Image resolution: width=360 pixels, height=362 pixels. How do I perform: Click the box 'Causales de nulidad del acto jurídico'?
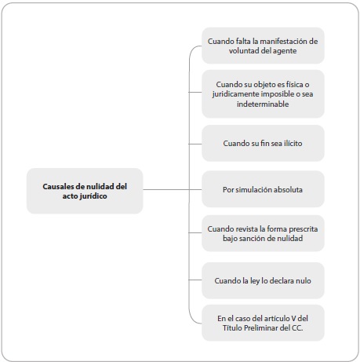pos(85,191)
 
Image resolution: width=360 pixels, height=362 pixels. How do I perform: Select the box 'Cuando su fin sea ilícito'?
pos(263,143)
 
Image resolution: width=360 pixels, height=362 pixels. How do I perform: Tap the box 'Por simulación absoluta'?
pos(263,189)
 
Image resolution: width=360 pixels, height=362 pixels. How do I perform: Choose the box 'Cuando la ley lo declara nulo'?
pos(263,280)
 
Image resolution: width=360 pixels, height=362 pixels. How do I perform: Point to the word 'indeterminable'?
pos(263,104)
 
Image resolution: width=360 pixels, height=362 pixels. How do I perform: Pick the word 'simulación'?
pos(257,189)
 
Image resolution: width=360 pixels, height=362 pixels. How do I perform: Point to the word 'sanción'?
pos(250,238)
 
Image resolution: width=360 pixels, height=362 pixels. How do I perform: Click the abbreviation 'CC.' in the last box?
pos(297,327)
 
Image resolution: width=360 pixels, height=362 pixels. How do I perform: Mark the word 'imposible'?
pos(278,94)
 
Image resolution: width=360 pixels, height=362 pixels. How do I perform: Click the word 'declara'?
pos(282,280)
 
